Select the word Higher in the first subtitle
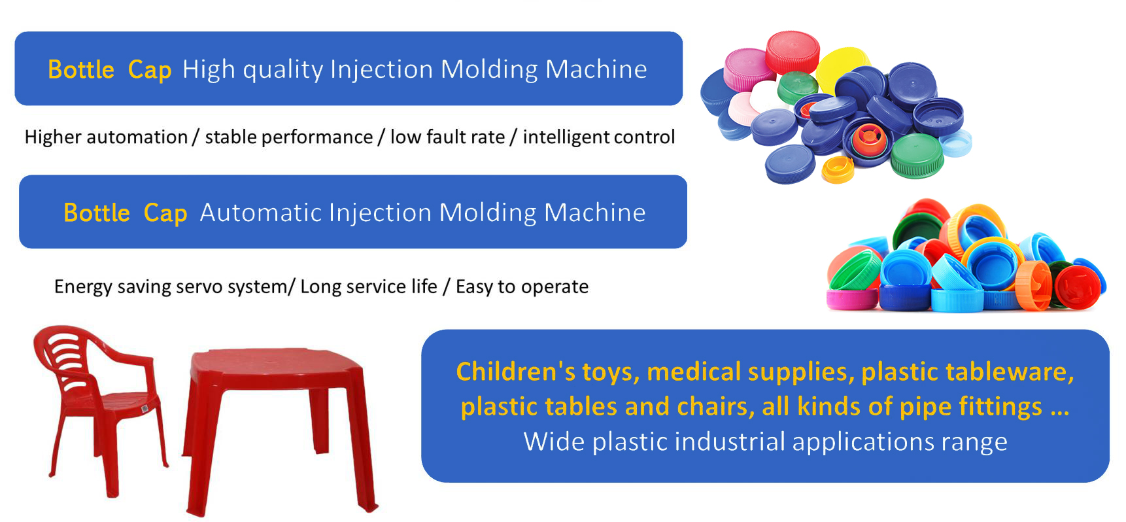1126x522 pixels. coord(53,137)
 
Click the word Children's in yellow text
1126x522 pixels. coord(516,372)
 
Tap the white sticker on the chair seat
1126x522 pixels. coord(145,409)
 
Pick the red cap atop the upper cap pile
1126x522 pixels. coord(793,51)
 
